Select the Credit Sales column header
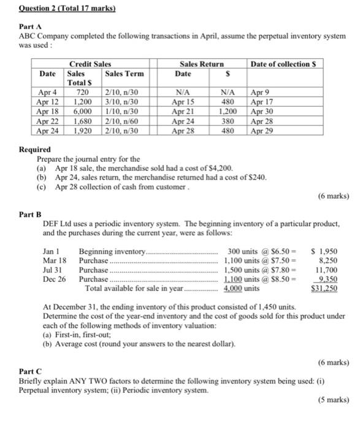tap(90, 64)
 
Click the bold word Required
tap(36, 149)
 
